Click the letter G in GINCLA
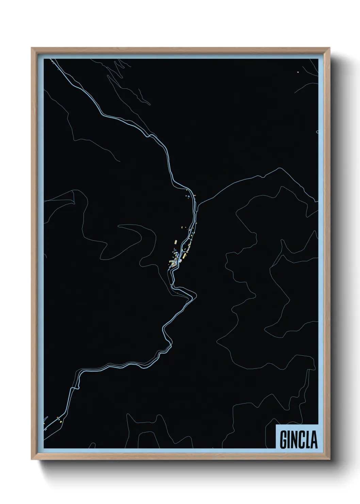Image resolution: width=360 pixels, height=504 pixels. point(284,439)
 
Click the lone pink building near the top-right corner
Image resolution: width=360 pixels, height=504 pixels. point(298,72)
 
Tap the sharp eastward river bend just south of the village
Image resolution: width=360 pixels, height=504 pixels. point(196,294)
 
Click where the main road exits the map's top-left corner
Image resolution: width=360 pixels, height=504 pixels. point(51,60)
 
